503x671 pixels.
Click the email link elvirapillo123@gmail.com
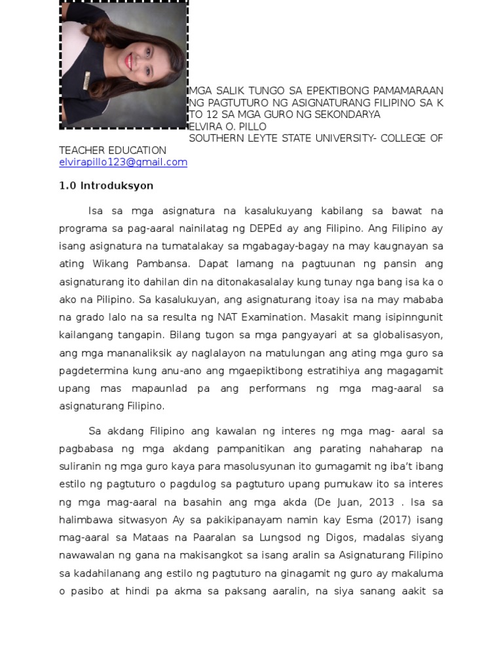click(x=123, y=163)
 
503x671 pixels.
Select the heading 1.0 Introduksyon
click(x=106, y=186)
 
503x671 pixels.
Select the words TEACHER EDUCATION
click(x=113, y=151)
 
